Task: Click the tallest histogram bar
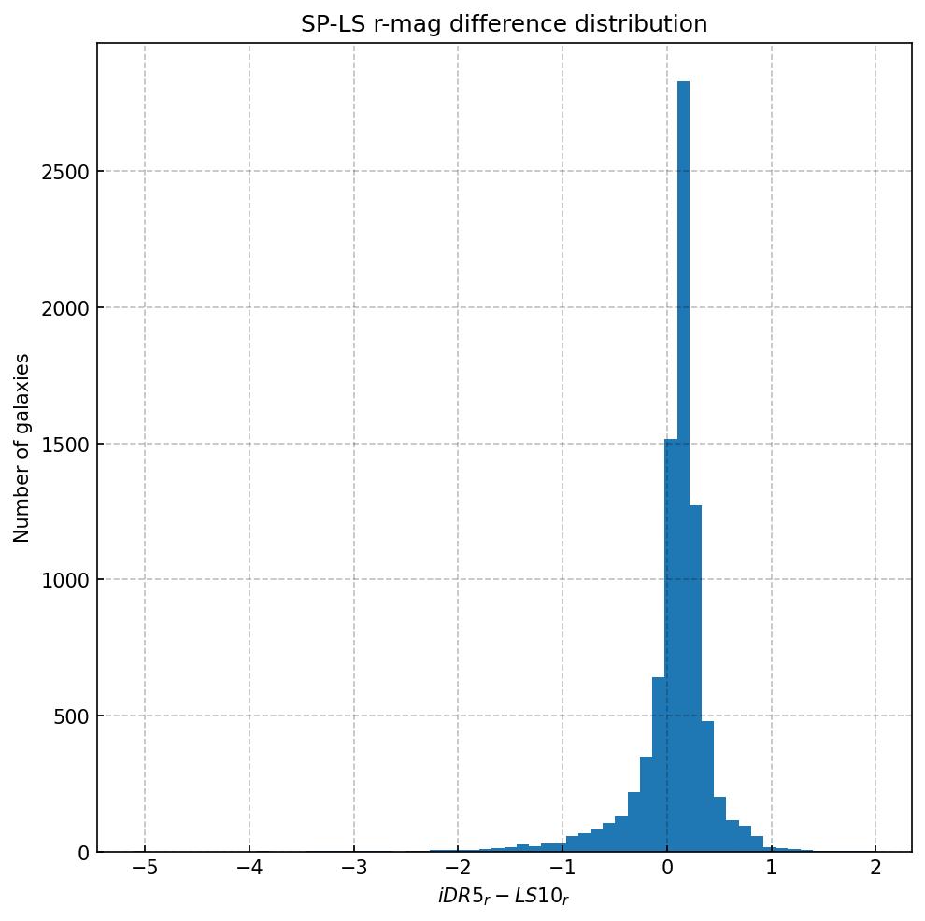click(x=683, y=467)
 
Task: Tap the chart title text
click(x=504, y=24)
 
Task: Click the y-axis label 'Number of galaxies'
click(x=21, y=447)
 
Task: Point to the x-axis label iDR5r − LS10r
click(x=504, y=897)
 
